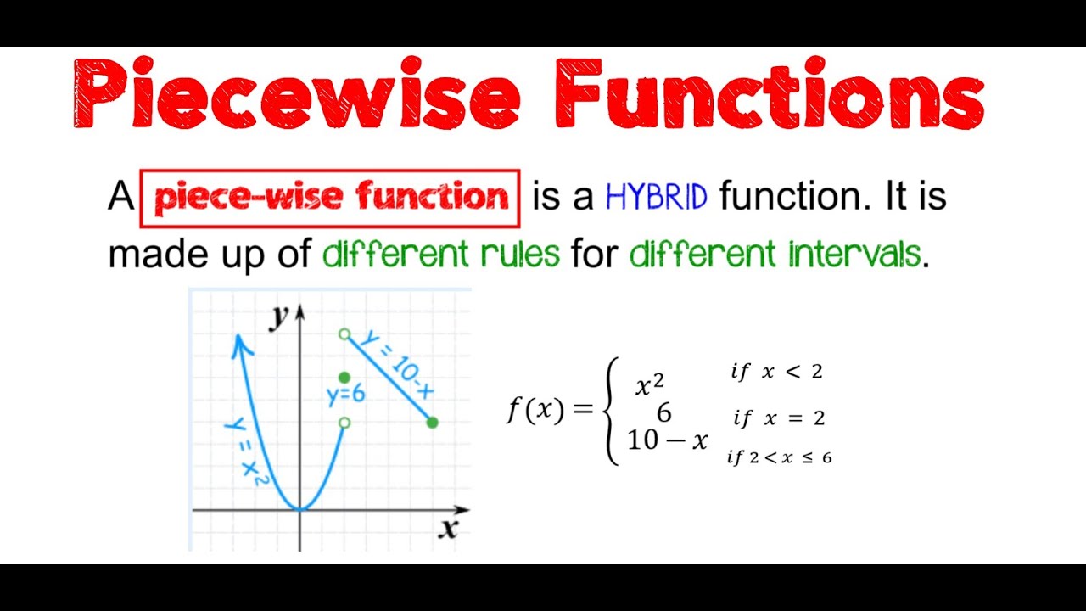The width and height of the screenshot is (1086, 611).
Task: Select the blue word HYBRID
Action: coord(656,198)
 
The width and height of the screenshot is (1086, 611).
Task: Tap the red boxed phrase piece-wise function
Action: coord(330,199)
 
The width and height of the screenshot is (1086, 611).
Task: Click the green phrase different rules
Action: coord(441,254)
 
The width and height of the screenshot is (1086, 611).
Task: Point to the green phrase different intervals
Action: coord(775,254)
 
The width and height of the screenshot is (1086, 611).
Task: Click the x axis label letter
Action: coord(448,529)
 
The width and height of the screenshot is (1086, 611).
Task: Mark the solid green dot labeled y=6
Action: coord(344,378)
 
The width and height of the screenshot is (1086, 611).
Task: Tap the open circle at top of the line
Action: coord(344,334)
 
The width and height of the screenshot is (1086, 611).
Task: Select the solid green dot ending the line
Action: coord(432,422)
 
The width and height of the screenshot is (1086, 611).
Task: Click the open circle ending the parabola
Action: coord(344,423)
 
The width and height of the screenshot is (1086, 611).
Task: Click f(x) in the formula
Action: coord(535,410)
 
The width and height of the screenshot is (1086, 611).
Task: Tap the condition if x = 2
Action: coord(779,418)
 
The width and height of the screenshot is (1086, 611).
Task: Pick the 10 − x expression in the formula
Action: coord(667,440)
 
